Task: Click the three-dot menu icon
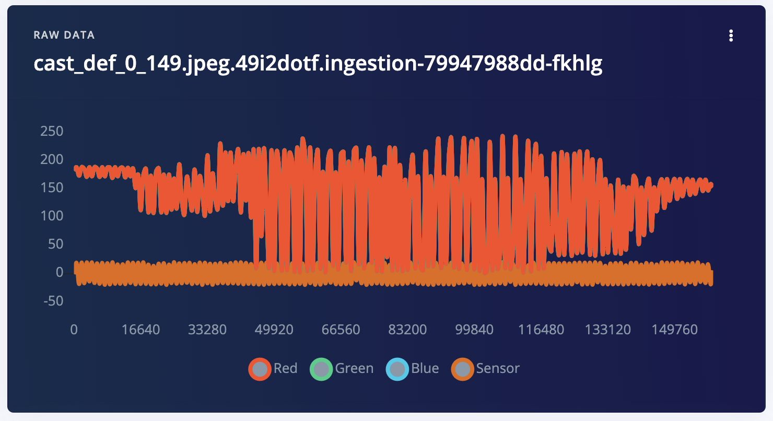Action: pyautogui.click(x=731, y=36)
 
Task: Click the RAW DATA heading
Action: pyautogui.click(x=64, y=36)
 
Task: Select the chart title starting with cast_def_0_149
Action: pyautogui.click(x=318, y=64)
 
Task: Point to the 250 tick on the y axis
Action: pyautogui.click(x=52, y=131)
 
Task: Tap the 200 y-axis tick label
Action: pyautogui.click(x=52, y=159)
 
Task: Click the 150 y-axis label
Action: pyautogui.click(x=52, y=188)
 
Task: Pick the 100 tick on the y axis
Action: pyautogui.click(x=52, y=216)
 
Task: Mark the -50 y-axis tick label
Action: pyautogui.click(x=52, y=301)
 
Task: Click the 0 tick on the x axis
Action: pyautogui.click(x=74, y=330)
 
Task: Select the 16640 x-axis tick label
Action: pyautogui.click(x=141, y=330)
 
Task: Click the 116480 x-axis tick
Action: pyautogui.click(x=541, y=330)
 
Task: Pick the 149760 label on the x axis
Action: pyautogui.click(x=675, y=330)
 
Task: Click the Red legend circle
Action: pyautogui.click(x=260, y=369)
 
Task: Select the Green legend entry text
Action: pyautogui.click(x=354, y=369)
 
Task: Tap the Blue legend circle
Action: pyautogui.click(x=397, y=369)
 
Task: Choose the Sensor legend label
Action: pyautogui.click(x=498, y=369)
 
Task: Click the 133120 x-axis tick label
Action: pyautogui.click(x=608, y=330)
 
